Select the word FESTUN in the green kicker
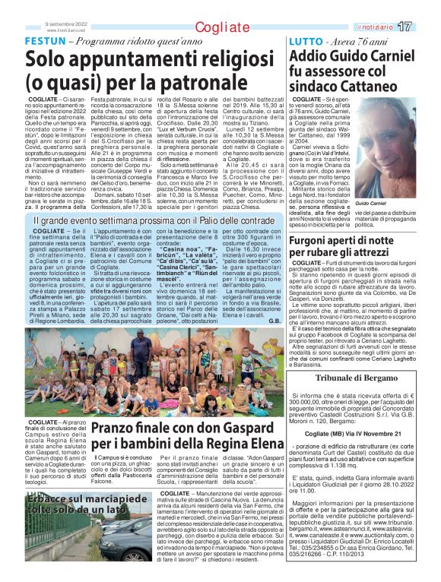tap(46, 40)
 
